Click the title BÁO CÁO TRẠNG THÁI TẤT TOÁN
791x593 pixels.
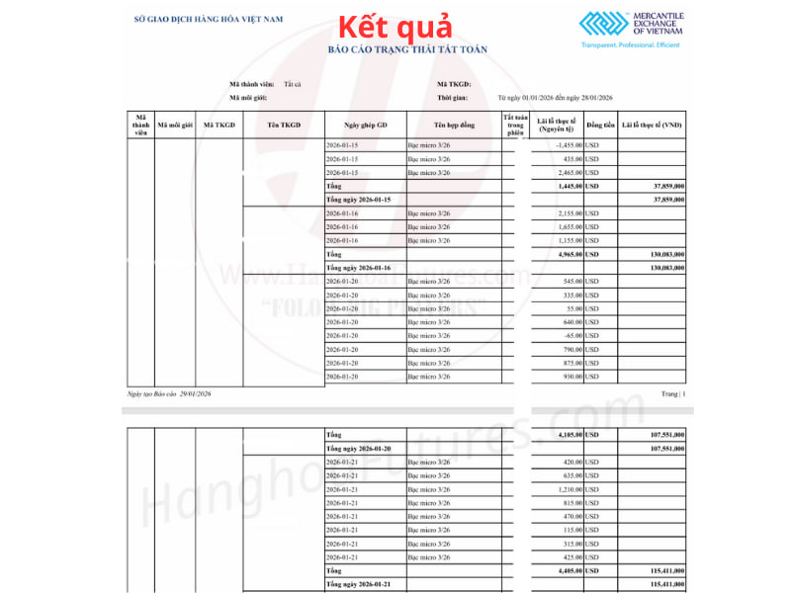coord(407,48)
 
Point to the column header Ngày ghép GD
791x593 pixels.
coord(365,126)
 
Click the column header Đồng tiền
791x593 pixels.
coord(600,126)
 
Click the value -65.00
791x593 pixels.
coord(569,335)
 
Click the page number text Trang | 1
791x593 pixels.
coord(672,393)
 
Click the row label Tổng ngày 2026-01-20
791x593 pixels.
coord(359,448)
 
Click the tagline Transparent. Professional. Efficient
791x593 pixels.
coord(631,47)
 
